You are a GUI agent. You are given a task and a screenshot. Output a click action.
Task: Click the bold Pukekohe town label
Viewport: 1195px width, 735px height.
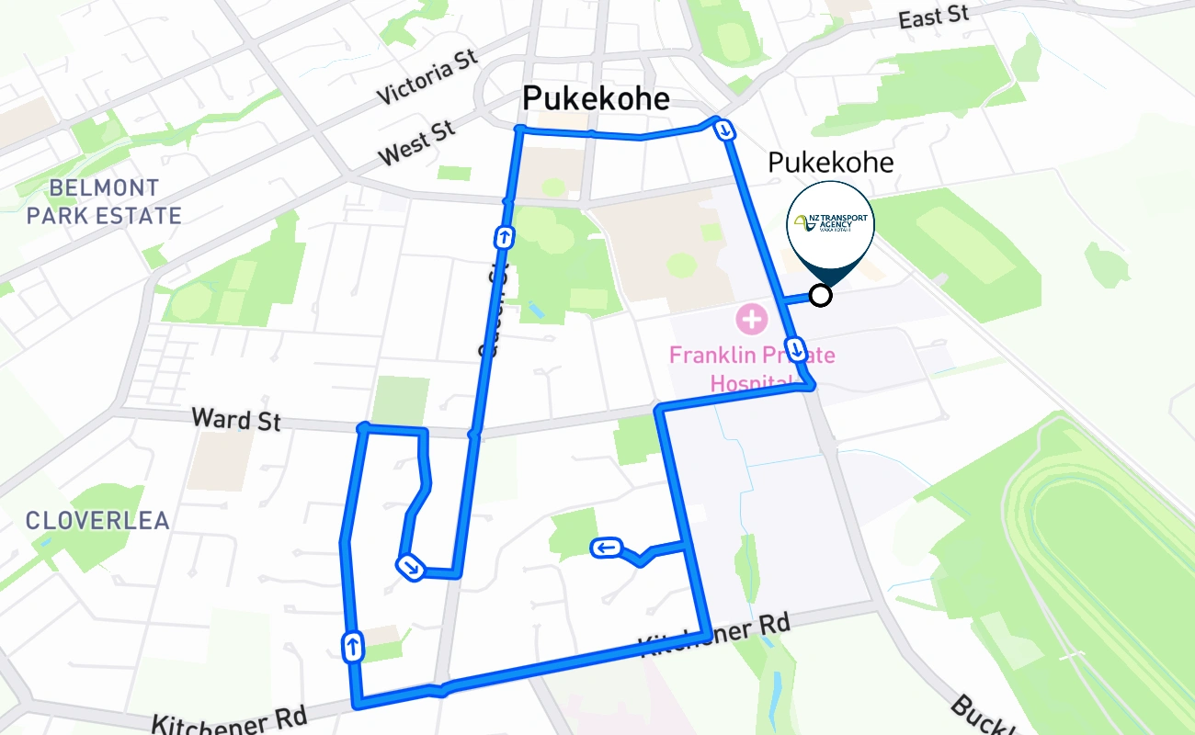(596, 98)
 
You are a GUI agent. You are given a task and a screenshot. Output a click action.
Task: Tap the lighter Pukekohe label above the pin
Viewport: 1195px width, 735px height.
(830, 163)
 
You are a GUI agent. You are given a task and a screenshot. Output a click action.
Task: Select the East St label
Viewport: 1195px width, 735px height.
(934, 17)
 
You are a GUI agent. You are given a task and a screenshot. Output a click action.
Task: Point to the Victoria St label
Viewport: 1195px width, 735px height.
(427, 77)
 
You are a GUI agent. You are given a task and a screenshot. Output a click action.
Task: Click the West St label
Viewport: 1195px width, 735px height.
(417, 143)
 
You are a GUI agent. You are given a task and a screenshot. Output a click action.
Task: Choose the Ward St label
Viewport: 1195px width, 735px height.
(236, 420)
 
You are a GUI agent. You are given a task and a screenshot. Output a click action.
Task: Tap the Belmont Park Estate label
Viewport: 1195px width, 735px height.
(104, 202)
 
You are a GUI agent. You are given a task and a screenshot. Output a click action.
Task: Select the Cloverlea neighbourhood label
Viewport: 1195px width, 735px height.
(97, 521)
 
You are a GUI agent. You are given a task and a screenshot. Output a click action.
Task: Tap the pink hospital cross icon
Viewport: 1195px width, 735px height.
(751, 320)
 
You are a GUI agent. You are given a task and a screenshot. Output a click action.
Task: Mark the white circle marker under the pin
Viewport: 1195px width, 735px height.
(820, 295)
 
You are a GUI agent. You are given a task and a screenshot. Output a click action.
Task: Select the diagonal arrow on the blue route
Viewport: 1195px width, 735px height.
(410, 568)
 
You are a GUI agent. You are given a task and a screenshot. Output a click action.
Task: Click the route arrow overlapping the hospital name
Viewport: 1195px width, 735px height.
(797, 350)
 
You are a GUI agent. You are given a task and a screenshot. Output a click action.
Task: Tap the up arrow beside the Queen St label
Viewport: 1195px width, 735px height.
(504, 237)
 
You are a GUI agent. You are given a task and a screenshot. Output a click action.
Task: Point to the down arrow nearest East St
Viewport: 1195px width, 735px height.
(725, 130)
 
